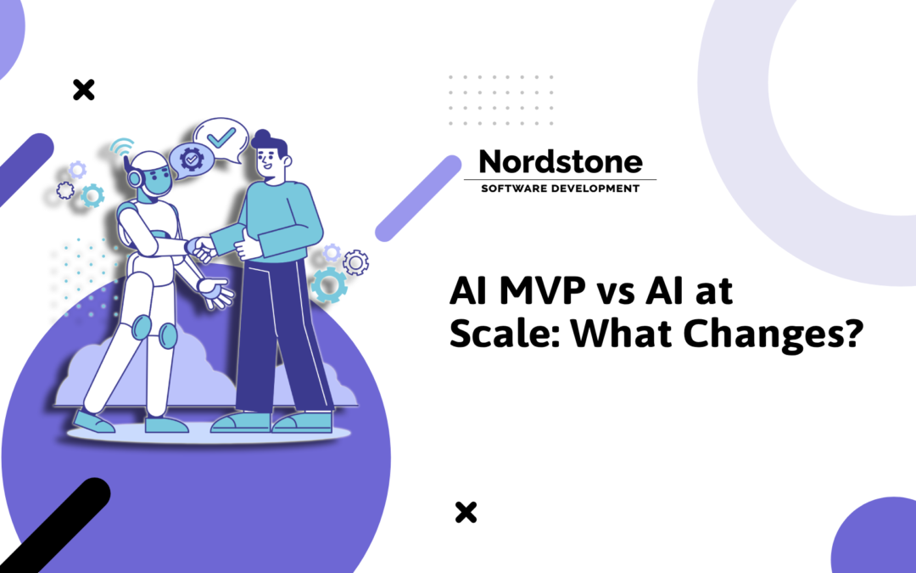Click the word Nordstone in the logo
pyautogui.click(x=560, y=160)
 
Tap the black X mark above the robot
pyautogui.click(x=83, y=89)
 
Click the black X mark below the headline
pyautogui.click(x=465, y=512)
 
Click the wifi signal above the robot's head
pyautogui.click(x=124, y=146)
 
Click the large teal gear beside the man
pyautogui.click(x=328, y=285)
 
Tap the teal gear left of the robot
pyautogui.click(x=92, y=195)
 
